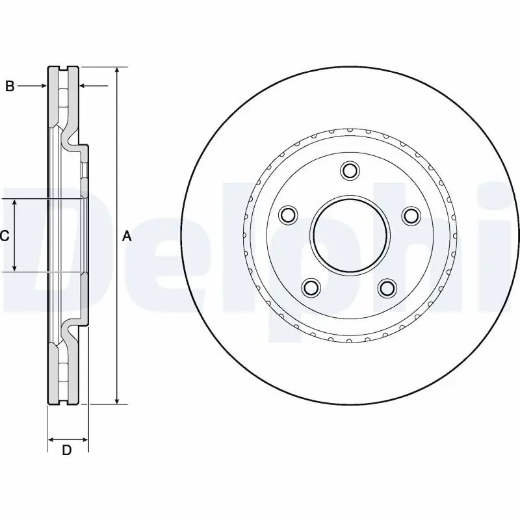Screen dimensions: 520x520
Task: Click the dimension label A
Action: (x=127, y=236)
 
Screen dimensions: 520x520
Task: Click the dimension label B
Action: (x=10, y=86)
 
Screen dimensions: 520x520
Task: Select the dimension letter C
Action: (x=5, y=236)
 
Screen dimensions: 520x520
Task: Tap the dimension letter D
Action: (x=66, y=450)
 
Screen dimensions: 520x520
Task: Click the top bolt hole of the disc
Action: (x=350, y=171)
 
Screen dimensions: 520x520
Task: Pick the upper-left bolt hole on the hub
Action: (x=288, y=214)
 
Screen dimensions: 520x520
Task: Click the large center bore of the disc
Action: (x=350, y=235)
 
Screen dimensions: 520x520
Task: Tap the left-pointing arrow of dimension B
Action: (x=84, y=86)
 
